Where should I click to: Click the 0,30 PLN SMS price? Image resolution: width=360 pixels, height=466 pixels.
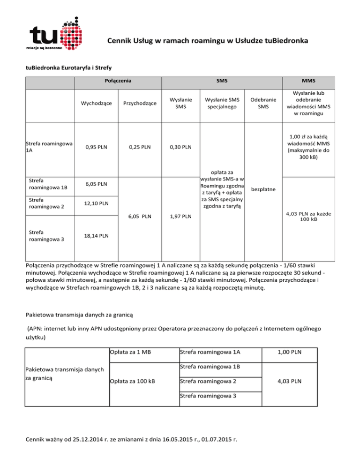[180, 147]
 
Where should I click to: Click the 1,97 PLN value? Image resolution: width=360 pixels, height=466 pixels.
[180, 217]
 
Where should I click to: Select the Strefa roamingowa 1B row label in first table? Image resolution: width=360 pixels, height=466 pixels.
[47, 184]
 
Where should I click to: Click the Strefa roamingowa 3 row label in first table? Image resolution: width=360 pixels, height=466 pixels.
[47, 234]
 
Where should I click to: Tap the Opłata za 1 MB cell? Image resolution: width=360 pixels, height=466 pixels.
[127, 352]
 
